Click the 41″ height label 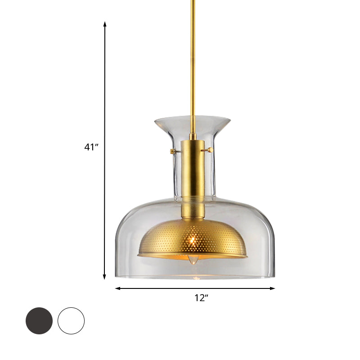click(91, 147)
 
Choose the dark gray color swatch click(39, 321)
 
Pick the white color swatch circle click(71, 321)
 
